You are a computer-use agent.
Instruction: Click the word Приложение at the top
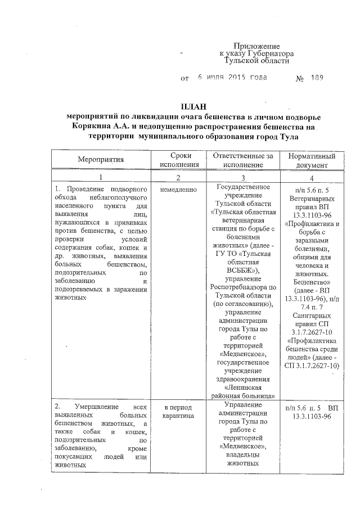(x=257, y=46)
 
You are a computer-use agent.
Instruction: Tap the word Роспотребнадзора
(x=242, y=288)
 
